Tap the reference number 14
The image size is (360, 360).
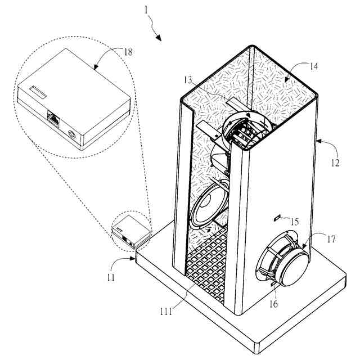click(x=313, y=66)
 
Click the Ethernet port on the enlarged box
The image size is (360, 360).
click(x=53, y=118)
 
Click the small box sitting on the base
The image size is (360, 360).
click(x=130, y=229)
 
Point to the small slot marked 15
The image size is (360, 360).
click(x=277, y=217)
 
